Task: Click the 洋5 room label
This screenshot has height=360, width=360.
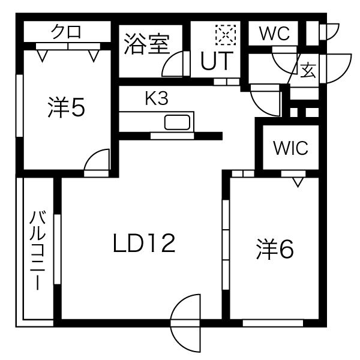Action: (x=66, y=108)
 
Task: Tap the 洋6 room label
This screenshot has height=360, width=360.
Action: (x=275, y=249)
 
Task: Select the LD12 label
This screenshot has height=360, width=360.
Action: (x=144, y=243)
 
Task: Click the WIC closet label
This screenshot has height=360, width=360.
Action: (x=291, y=148)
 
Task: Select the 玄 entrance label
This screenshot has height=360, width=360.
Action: (x=308, y=70)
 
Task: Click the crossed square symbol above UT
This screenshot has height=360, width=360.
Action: (x=226, y=34)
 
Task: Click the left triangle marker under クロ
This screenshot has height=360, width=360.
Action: (x=41, y=56)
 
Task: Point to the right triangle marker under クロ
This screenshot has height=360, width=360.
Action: (x=94, y=56)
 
